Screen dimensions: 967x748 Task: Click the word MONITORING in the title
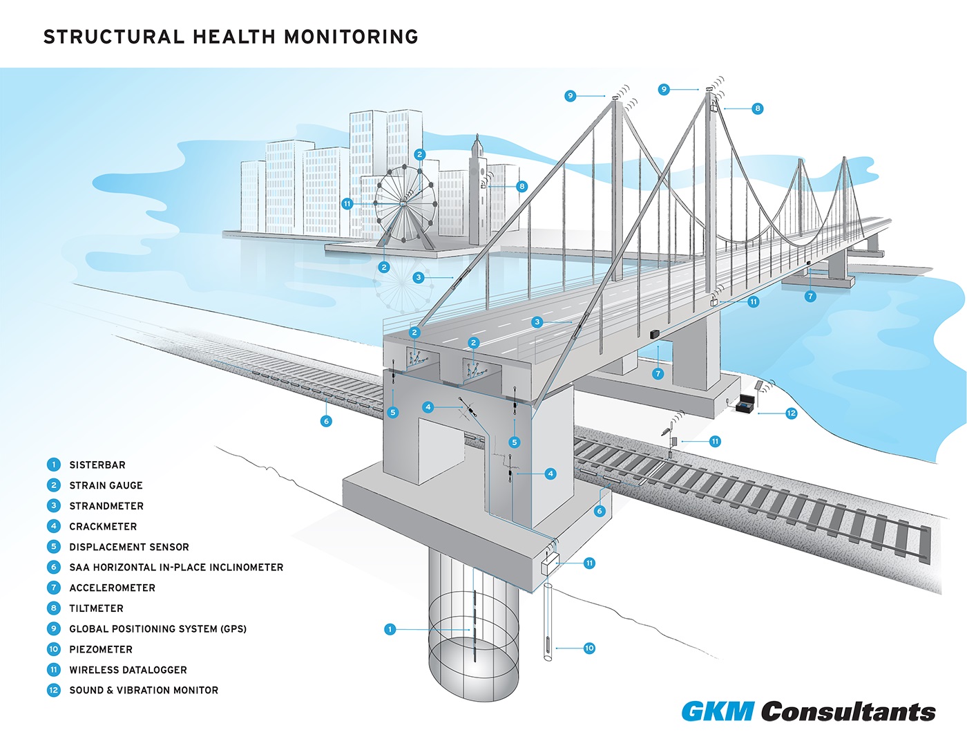[352, 37]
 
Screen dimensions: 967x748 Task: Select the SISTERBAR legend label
[97, 465]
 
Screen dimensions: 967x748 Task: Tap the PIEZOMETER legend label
[101, 649]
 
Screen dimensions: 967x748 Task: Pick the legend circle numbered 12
[54, 690]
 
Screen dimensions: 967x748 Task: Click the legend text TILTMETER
[97, 608]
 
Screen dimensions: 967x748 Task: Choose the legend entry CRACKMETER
[103, 526]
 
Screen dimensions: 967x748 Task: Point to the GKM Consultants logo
[809, 711]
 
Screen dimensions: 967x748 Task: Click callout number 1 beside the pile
[390, 629]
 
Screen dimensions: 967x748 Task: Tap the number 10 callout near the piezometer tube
[589, 648]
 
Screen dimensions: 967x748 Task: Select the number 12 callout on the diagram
[792, 413]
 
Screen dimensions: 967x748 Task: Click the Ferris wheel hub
[403, 203]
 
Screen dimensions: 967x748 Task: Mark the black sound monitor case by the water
[746, 405]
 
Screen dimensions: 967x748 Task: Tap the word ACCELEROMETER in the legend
[113, 588]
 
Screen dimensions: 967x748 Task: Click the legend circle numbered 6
[54, 568]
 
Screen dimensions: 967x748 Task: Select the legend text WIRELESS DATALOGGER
[128, 670]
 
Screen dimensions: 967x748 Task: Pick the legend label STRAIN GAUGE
[106, 485]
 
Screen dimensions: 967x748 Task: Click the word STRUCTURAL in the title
[114, 37]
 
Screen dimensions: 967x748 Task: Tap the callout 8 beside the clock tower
[522, 186]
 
